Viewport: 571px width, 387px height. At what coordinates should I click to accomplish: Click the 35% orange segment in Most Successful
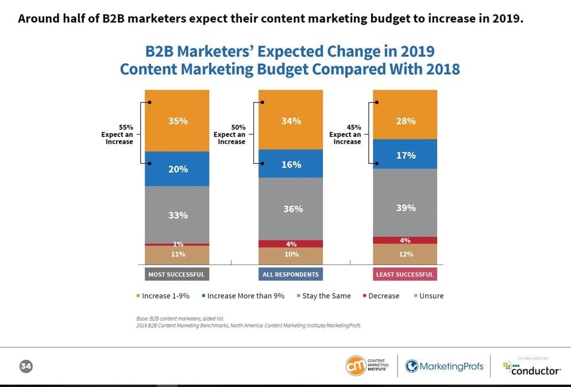(x=177, y=121)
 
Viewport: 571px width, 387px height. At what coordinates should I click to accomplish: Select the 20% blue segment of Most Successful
(x=177, y=168)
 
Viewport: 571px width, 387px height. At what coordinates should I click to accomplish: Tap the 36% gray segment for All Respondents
(x=291, y=209)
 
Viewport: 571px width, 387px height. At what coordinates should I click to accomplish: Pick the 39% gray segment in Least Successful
(x=405, y=208)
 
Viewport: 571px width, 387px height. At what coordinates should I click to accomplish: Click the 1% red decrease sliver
(x=177, y=244)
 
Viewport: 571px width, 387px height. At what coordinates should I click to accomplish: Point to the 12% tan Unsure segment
(x=405, y=254)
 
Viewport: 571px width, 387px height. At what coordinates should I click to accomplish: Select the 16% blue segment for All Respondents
(x=291, y=164)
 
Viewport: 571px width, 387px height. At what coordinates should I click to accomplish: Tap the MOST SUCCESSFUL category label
(x=176, y=274)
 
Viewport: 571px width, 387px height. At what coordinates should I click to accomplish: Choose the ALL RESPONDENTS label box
(x=291, y=274)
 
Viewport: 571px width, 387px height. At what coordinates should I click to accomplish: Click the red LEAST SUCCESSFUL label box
(x=404, y=274)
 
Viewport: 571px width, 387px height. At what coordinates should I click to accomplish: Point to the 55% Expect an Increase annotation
(x=119, y=135)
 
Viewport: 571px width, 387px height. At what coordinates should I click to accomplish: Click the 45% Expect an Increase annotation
(x=347, y=135)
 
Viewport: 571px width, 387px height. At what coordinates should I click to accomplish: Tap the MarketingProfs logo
(x=445, y=366)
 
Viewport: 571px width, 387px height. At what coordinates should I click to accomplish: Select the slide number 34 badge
(x=25, y=366)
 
